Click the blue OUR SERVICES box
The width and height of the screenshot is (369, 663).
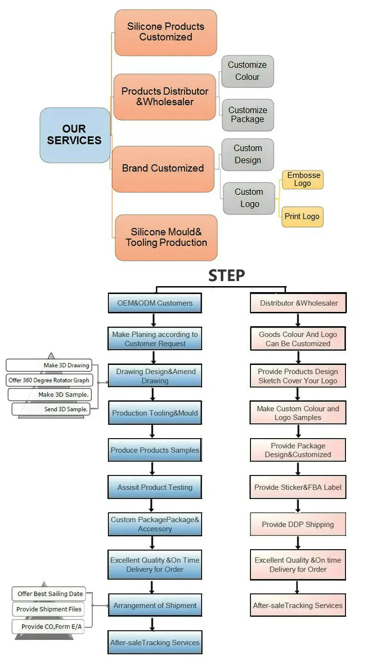75,135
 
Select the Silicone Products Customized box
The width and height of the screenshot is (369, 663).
166,32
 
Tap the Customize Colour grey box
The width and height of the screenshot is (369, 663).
247,71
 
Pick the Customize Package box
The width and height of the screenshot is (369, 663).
247,115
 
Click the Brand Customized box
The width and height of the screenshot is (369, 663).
163,169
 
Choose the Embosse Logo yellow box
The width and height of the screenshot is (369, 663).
302,179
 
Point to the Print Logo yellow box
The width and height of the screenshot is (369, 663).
302,217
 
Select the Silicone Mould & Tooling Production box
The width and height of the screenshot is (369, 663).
166,238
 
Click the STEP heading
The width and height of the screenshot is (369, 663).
226,276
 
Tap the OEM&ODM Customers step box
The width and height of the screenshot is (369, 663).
155,303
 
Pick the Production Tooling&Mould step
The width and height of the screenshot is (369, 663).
155,413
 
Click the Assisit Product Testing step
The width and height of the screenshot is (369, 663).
155,487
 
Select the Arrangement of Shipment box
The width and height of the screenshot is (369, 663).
155,605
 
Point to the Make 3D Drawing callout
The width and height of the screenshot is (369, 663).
49,365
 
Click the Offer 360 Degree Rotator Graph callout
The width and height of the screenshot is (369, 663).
49,381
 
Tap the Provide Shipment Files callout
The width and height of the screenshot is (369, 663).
49,609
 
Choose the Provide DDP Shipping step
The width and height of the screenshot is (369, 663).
298,524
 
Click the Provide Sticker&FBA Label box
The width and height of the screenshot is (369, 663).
298,487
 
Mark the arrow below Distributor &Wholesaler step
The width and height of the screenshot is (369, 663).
298,320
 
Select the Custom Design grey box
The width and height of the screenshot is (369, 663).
248,154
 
